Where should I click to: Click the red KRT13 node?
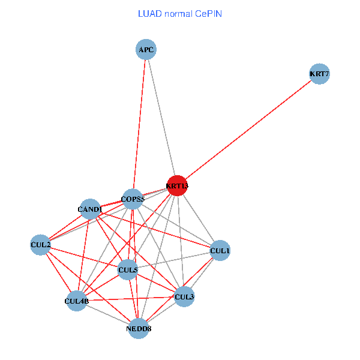tap(177, 186)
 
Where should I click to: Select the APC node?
tap(146, 50)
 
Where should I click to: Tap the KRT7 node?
tap(319, 74)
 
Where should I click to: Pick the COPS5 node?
tap(133, 199)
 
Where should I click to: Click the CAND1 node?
tap(89, 209)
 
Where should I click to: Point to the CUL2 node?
tap(40, 245)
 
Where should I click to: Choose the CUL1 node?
tap(220, 250)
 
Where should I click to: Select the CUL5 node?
tap(128, 270)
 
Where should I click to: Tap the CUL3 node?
tap(184, 296)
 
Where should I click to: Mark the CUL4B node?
tap(77, 301)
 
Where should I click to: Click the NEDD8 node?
tap(139, 328)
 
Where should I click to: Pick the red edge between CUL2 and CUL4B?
tap(58, 272)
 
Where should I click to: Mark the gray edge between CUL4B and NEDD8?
tap(108, 314)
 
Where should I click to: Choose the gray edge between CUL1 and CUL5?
tap(174, 260)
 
